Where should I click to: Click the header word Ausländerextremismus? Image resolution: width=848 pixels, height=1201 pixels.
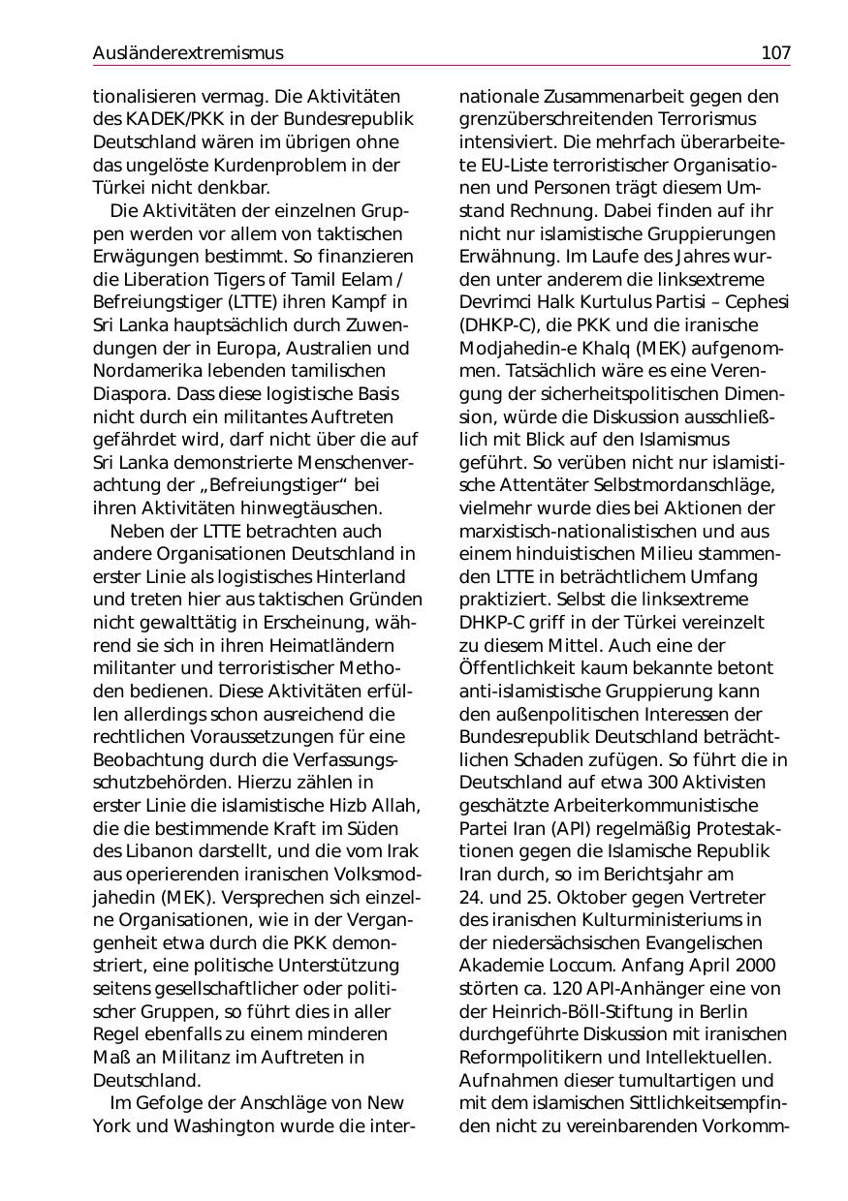point(188,53)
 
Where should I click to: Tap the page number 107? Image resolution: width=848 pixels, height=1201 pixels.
point(775,53)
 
